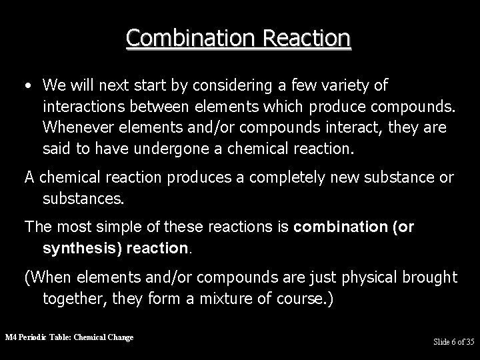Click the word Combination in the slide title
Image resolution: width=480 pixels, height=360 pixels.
coord(182,37)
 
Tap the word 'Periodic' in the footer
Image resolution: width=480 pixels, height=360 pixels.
coord(33,337)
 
